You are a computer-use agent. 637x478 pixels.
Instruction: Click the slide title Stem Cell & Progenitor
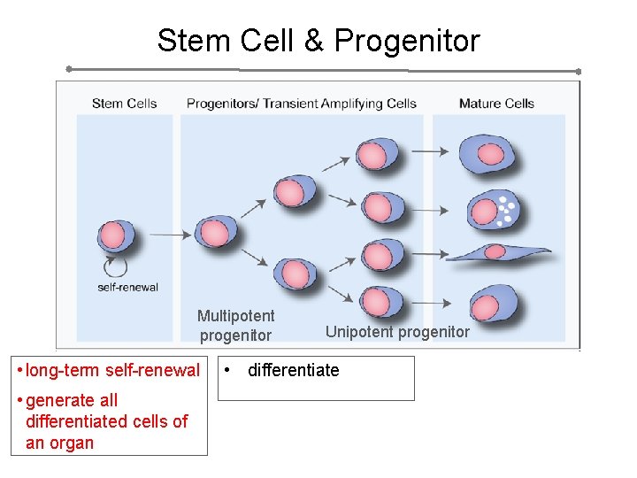[318, 41]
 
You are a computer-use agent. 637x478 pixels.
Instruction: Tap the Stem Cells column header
[124, 104]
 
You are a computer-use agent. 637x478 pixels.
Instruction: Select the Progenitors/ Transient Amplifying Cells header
[301, 104]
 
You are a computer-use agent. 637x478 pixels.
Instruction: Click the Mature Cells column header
[496, 104]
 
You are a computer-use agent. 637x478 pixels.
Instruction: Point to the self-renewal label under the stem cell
[128, 286]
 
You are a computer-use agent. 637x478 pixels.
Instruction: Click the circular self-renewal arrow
[116, 266]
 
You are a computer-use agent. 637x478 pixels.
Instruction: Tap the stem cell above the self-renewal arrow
[115, 236]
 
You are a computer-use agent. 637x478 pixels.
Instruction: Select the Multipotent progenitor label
[235, 325]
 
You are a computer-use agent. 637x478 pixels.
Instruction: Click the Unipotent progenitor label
[397, 332]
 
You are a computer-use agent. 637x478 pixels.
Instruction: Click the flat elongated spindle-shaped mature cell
[496, 253]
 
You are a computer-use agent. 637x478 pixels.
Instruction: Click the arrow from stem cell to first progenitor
[171, 235]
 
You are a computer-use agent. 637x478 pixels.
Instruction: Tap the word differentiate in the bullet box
[293, 370]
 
